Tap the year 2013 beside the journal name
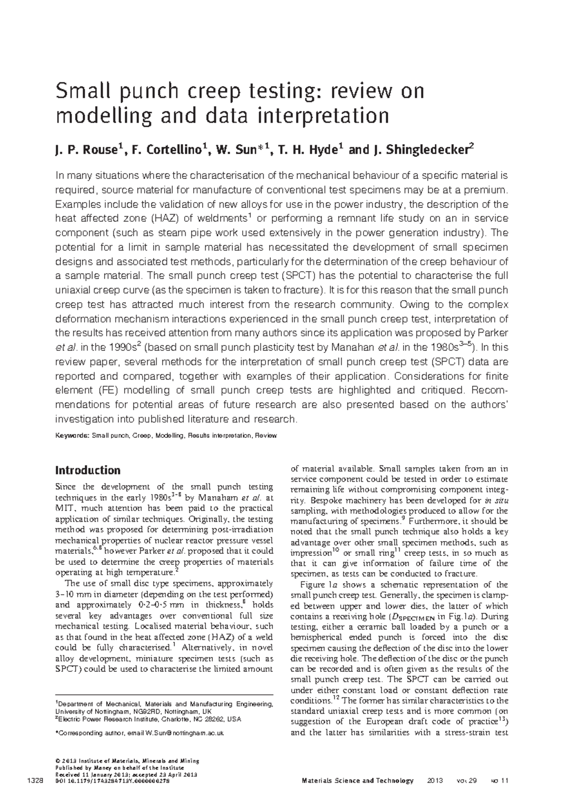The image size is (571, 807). coord(435,781)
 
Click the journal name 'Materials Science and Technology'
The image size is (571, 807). coord(358,781)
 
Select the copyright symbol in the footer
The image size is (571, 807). coord(58,761)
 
